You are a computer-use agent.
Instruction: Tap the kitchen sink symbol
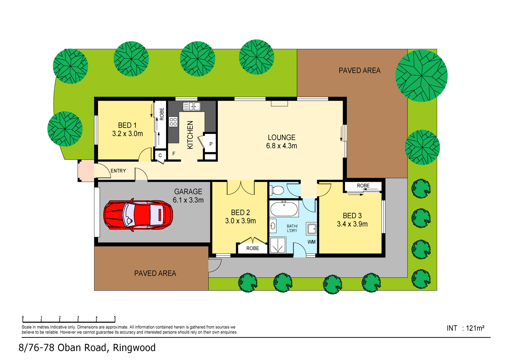pyautogui.click(x=192, y=106)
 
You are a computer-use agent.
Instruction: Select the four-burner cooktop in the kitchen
pyautogui.click(x=173, y=122)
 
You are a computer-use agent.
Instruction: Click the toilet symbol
pyautogui.click(x=277, y=191)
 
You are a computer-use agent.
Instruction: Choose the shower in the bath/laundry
pyautogui.click(x=277, y=245)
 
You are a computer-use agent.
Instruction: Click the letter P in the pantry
pyautogui.click(x=211, y=144)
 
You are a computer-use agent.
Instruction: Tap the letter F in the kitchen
pyautogui.click(x=174, y=154)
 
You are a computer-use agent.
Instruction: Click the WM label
pyautogui.click(x=311, y=242)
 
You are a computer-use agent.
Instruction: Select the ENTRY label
pyautogui.click(x=118, y=171)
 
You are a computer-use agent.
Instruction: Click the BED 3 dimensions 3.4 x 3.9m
pyautogui.click(x=352, y=224)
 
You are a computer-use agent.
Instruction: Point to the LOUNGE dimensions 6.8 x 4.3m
pyautogui.click(x=281, y=146)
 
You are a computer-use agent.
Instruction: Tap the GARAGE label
pyautogui.click(x=188, y=191)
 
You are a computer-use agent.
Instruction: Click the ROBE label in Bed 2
pyautogui.click(x=252, y=248)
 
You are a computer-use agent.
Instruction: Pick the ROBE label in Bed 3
pyautogui.click(x=363, y=186)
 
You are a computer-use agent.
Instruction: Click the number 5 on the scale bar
pyautogui.click(x=115, y=318)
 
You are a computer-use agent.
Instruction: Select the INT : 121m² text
pyautogui.click(x=465, y=328)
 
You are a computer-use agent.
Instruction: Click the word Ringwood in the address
pyautogui.click(x=134, y=348)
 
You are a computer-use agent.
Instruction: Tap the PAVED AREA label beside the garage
pyautogui.click(x=155, y=273)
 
